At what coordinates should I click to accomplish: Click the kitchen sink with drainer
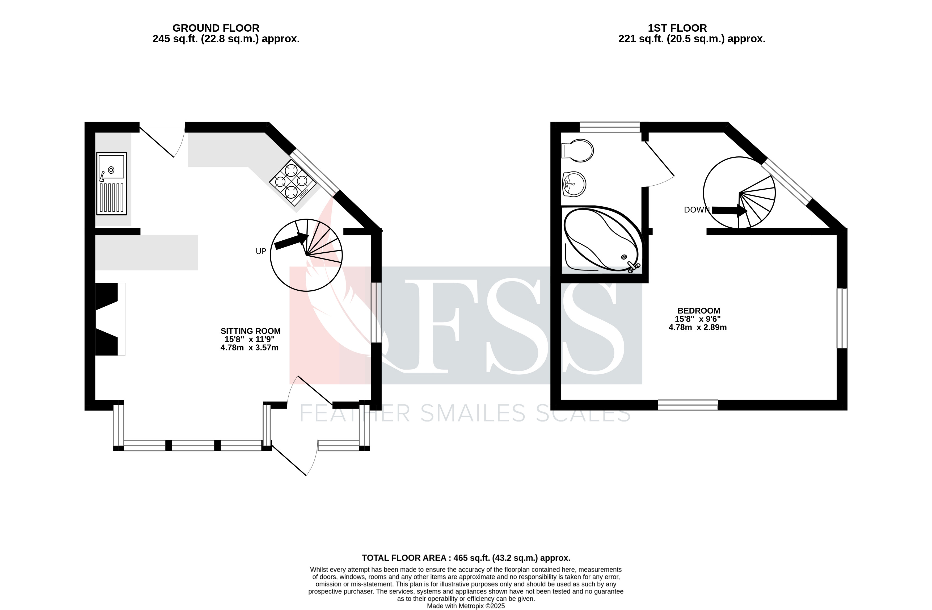112,183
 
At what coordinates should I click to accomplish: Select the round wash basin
574,184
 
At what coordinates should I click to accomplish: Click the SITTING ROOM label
250,331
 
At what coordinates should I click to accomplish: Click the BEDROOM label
699,311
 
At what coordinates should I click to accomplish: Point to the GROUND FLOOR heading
216,28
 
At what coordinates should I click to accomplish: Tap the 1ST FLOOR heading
677,28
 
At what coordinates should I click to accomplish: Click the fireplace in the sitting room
107,319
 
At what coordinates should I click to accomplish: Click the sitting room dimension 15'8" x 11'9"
250,340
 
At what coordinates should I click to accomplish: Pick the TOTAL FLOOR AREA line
466,558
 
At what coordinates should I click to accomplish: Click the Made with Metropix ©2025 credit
466,606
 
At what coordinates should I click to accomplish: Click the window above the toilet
609,127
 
